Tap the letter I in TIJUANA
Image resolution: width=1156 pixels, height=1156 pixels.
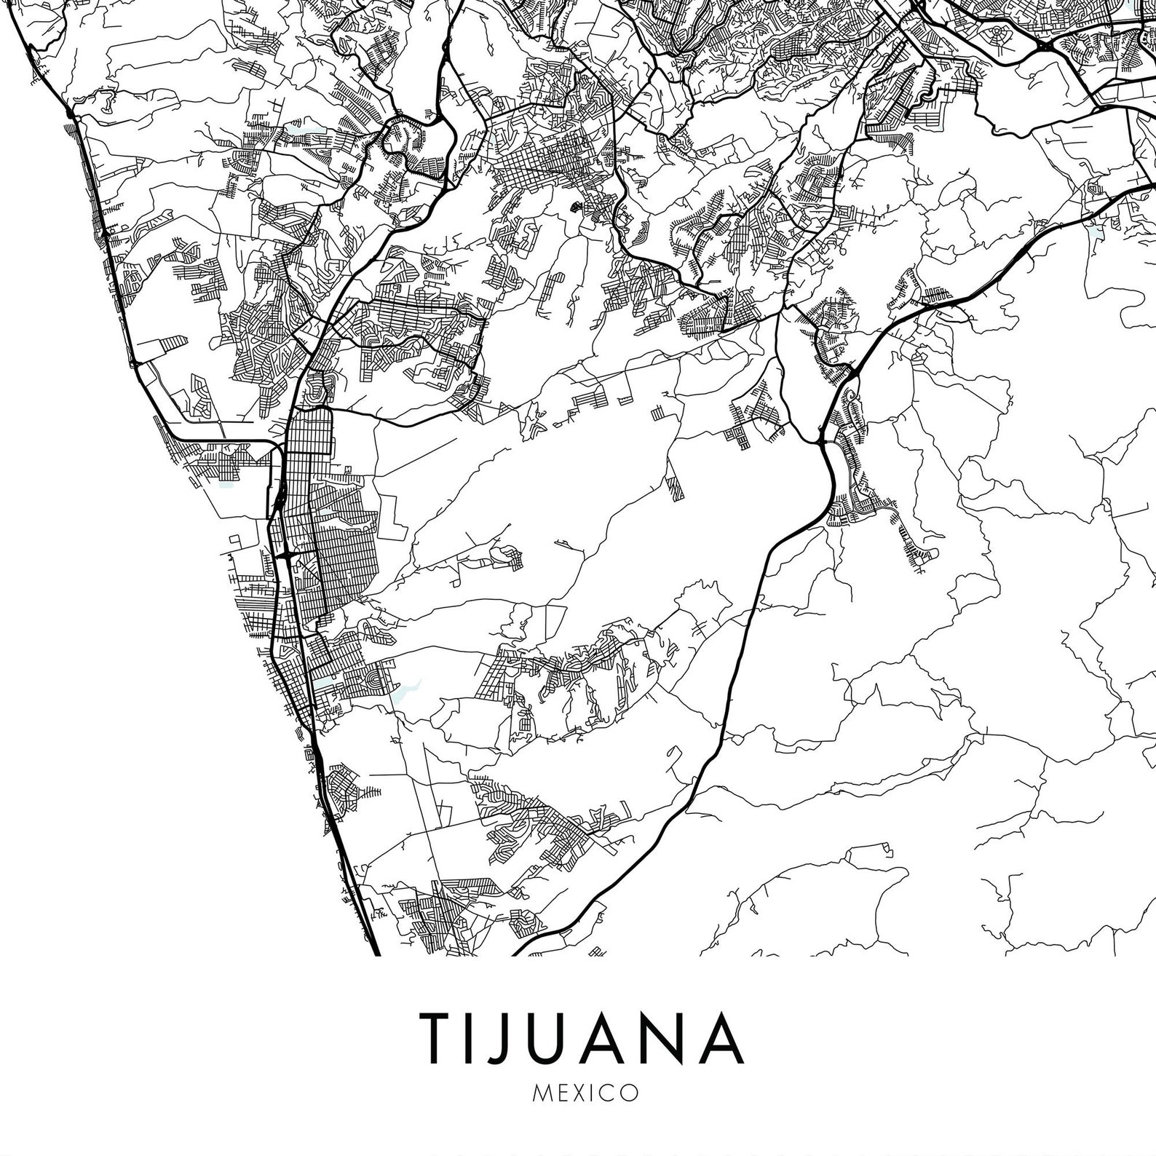(x=477, y=1037)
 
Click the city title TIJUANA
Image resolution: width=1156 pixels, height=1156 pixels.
(x=578, y=1037)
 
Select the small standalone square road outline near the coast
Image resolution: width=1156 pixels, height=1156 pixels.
(x=234, y=539)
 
